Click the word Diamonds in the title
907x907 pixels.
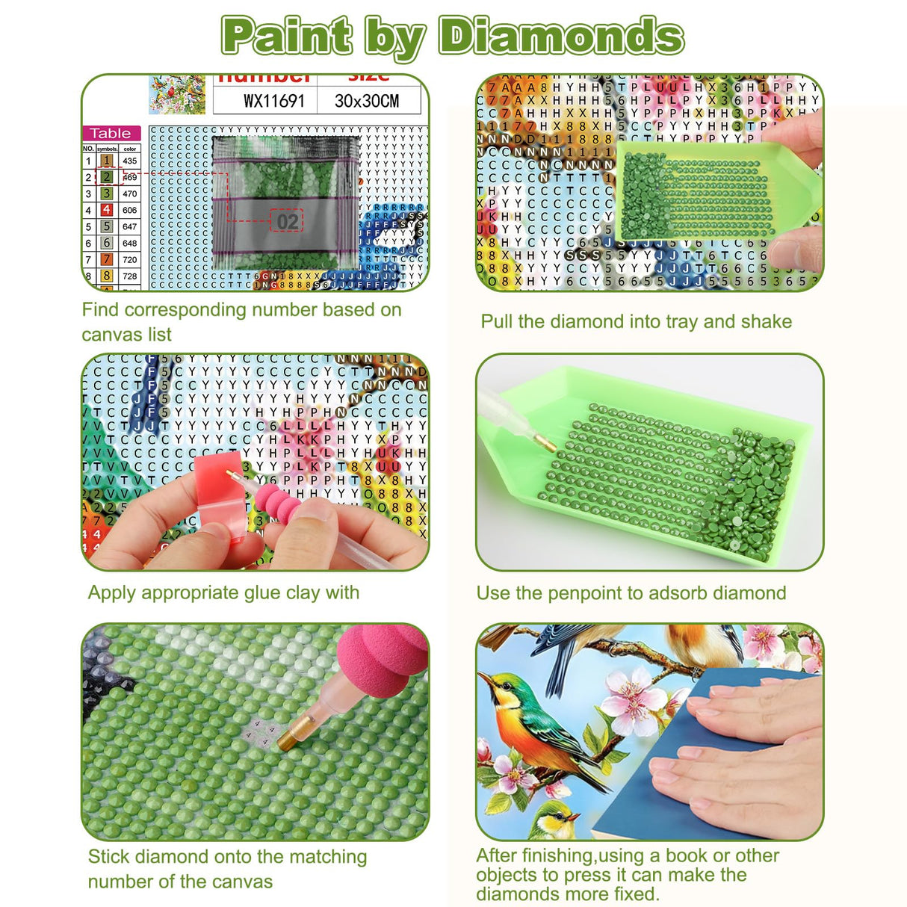(x=560, y=36)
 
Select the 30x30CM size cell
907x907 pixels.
(x=366, y=101)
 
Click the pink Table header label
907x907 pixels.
(x=111, y=134)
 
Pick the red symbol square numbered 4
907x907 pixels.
(x=107, y=210)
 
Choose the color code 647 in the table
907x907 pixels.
(x=130, y=226)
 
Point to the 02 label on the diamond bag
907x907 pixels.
(x=287, y=221)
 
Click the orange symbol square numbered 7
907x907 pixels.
(x=107, y=259)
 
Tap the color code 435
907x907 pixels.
(x=130, y=161)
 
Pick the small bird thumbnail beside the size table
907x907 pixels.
(x=177, y=95)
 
